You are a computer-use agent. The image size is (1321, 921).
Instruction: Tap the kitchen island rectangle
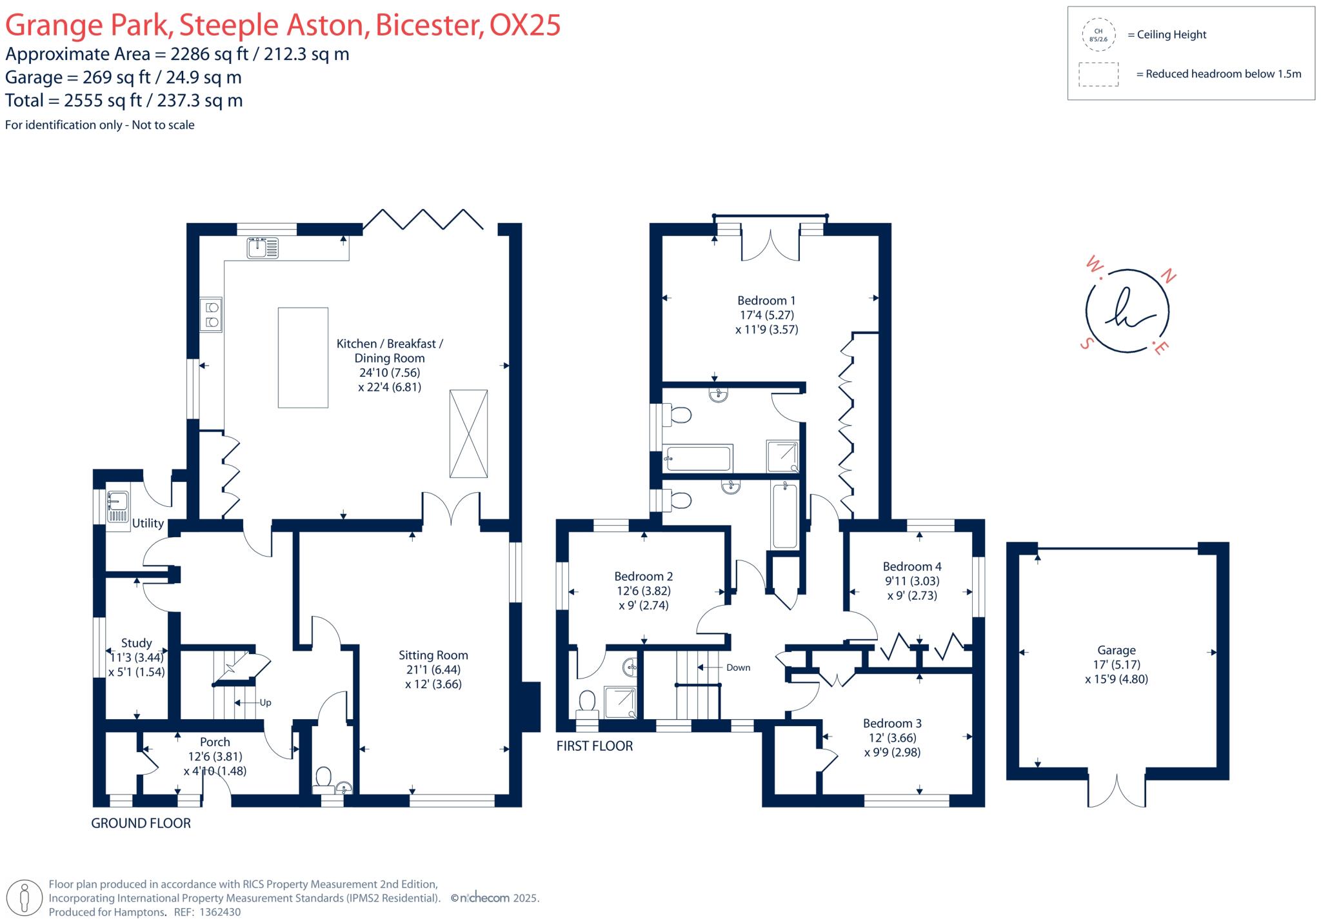[x=303, y=357]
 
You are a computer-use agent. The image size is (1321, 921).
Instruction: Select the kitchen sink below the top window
[x=263, y=248]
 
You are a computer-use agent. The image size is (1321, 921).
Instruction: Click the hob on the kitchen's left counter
[x=211, y=315]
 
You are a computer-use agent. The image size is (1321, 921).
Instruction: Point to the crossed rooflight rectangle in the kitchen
[x=468, y=433]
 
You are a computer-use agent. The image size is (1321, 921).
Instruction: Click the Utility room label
[x=148, y=523]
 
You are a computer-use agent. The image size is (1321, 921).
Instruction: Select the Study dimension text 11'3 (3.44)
[x=137, y=658]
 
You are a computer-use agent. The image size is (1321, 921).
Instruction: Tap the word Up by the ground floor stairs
[x=265, y=702]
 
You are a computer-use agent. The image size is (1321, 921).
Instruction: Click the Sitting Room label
[x=433, y=655]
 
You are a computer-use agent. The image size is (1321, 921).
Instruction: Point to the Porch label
[x=215, y=742]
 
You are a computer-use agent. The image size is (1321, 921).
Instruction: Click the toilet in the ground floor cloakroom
[x=323, y=776]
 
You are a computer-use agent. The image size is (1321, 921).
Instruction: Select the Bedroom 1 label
[x=766, y=301]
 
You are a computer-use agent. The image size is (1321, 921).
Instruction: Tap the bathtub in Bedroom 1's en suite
[x=699, y=459]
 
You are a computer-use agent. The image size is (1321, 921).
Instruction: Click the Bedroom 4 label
[x=912, y=566]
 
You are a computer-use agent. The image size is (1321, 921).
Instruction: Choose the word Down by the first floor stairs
[x=738, y=668]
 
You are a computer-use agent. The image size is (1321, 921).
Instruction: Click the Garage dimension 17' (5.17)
[x=1117, y=664]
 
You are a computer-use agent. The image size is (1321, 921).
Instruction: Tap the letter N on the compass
[x=1168, y=277]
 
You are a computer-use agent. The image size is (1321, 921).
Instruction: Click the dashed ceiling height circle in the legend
[x=1098, y=35]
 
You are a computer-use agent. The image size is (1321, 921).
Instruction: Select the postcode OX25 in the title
[x=524, y=25]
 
